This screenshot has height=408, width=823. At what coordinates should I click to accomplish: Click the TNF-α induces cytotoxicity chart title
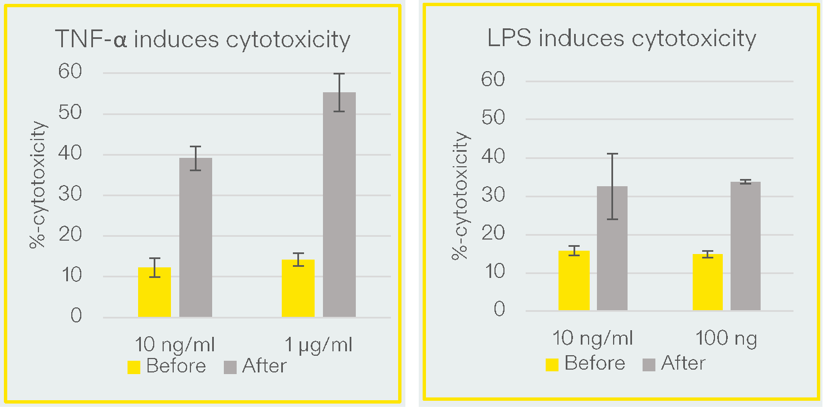tap(203, 40)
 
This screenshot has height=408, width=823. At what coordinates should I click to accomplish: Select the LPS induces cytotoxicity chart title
tap(621, 39)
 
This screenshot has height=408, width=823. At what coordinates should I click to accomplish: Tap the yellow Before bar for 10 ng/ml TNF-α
tap(154, 292)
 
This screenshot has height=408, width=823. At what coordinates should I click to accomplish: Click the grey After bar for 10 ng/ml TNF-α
tap(195, 237)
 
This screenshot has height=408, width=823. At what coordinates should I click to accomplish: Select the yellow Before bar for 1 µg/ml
tap(298, 288)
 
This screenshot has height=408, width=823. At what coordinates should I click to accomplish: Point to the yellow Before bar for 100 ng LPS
tap(707, 282)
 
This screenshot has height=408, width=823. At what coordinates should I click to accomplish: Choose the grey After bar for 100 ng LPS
tap(745, 246)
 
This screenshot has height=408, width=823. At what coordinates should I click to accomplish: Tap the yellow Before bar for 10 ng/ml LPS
tap(574, 281)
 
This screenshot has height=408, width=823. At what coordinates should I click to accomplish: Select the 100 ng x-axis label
tap(727, 339)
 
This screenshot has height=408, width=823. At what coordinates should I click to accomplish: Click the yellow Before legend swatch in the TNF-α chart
tap(134, 367)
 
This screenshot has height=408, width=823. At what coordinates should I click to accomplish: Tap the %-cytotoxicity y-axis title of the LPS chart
tap(461, 196)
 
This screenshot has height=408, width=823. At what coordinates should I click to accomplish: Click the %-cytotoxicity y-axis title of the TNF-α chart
tap(38, 185)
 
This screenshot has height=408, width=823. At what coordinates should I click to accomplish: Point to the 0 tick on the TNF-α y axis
tap(76, 317)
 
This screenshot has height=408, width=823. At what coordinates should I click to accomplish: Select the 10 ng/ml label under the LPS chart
tap(592, 339)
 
